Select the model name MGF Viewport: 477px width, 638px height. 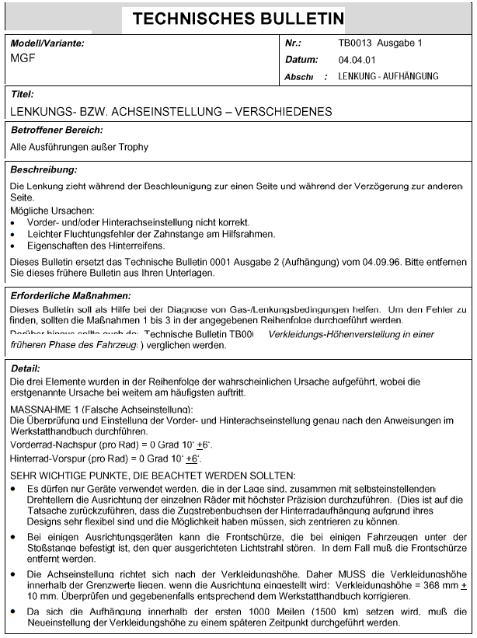tap(22, 58)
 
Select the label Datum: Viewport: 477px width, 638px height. tap(301, 60)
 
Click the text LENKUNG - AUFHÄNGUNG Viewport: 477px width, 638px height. tap(388, 76)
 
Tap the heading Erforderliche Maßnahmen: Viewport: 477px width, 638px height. tap(70, 295)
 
